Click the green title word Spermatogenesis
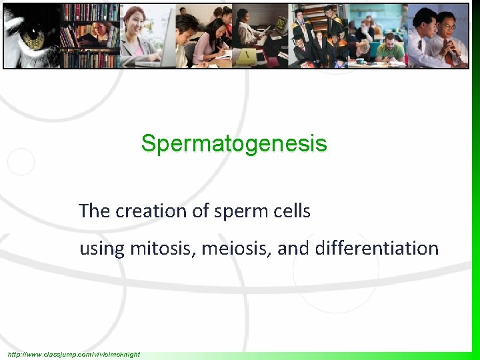tap(234, 143)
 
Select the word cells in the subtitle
tap(291, 211)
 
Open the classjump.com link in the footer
tap(74, 354)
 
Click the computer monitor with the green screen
tap(281, 24)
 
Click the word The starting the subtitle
tap(93, 211)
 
